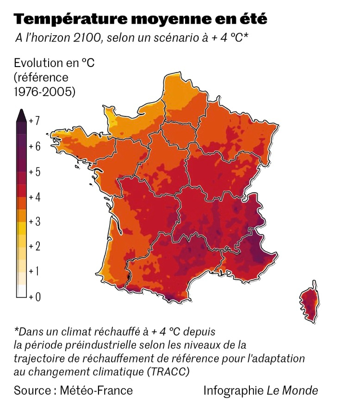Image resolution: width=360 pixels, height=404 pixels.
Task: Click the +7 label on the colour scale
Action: [34, 121]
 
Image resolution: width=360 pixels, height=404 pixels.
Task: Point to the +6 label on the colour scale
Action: [34, 146]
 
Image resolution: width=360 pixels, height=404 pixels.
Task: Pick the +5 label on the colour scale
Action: [34, 172]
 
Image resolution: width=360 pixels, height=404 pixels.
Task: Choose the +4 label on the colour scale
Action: [34, 197]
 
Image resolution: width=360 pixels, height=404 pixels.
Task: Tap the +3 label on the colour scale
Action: [34, 222]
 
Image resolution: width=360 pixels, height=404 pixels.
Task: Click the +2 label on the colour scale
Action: [34, 246]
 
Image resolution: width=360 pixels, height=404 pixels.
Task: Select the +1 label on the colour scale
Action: [34, 271]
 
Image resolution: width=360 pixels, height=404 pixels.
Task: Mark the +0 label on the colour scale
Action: [34, 296]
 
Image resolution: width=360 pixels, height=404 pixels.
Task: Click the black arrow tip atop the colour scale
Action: [21, 115]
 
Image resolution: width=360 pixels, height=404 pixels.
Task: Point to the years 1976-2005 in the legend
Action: [44, 92]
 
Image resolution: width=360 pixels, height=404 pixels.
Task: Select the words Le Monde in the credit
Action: [292, 391]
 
